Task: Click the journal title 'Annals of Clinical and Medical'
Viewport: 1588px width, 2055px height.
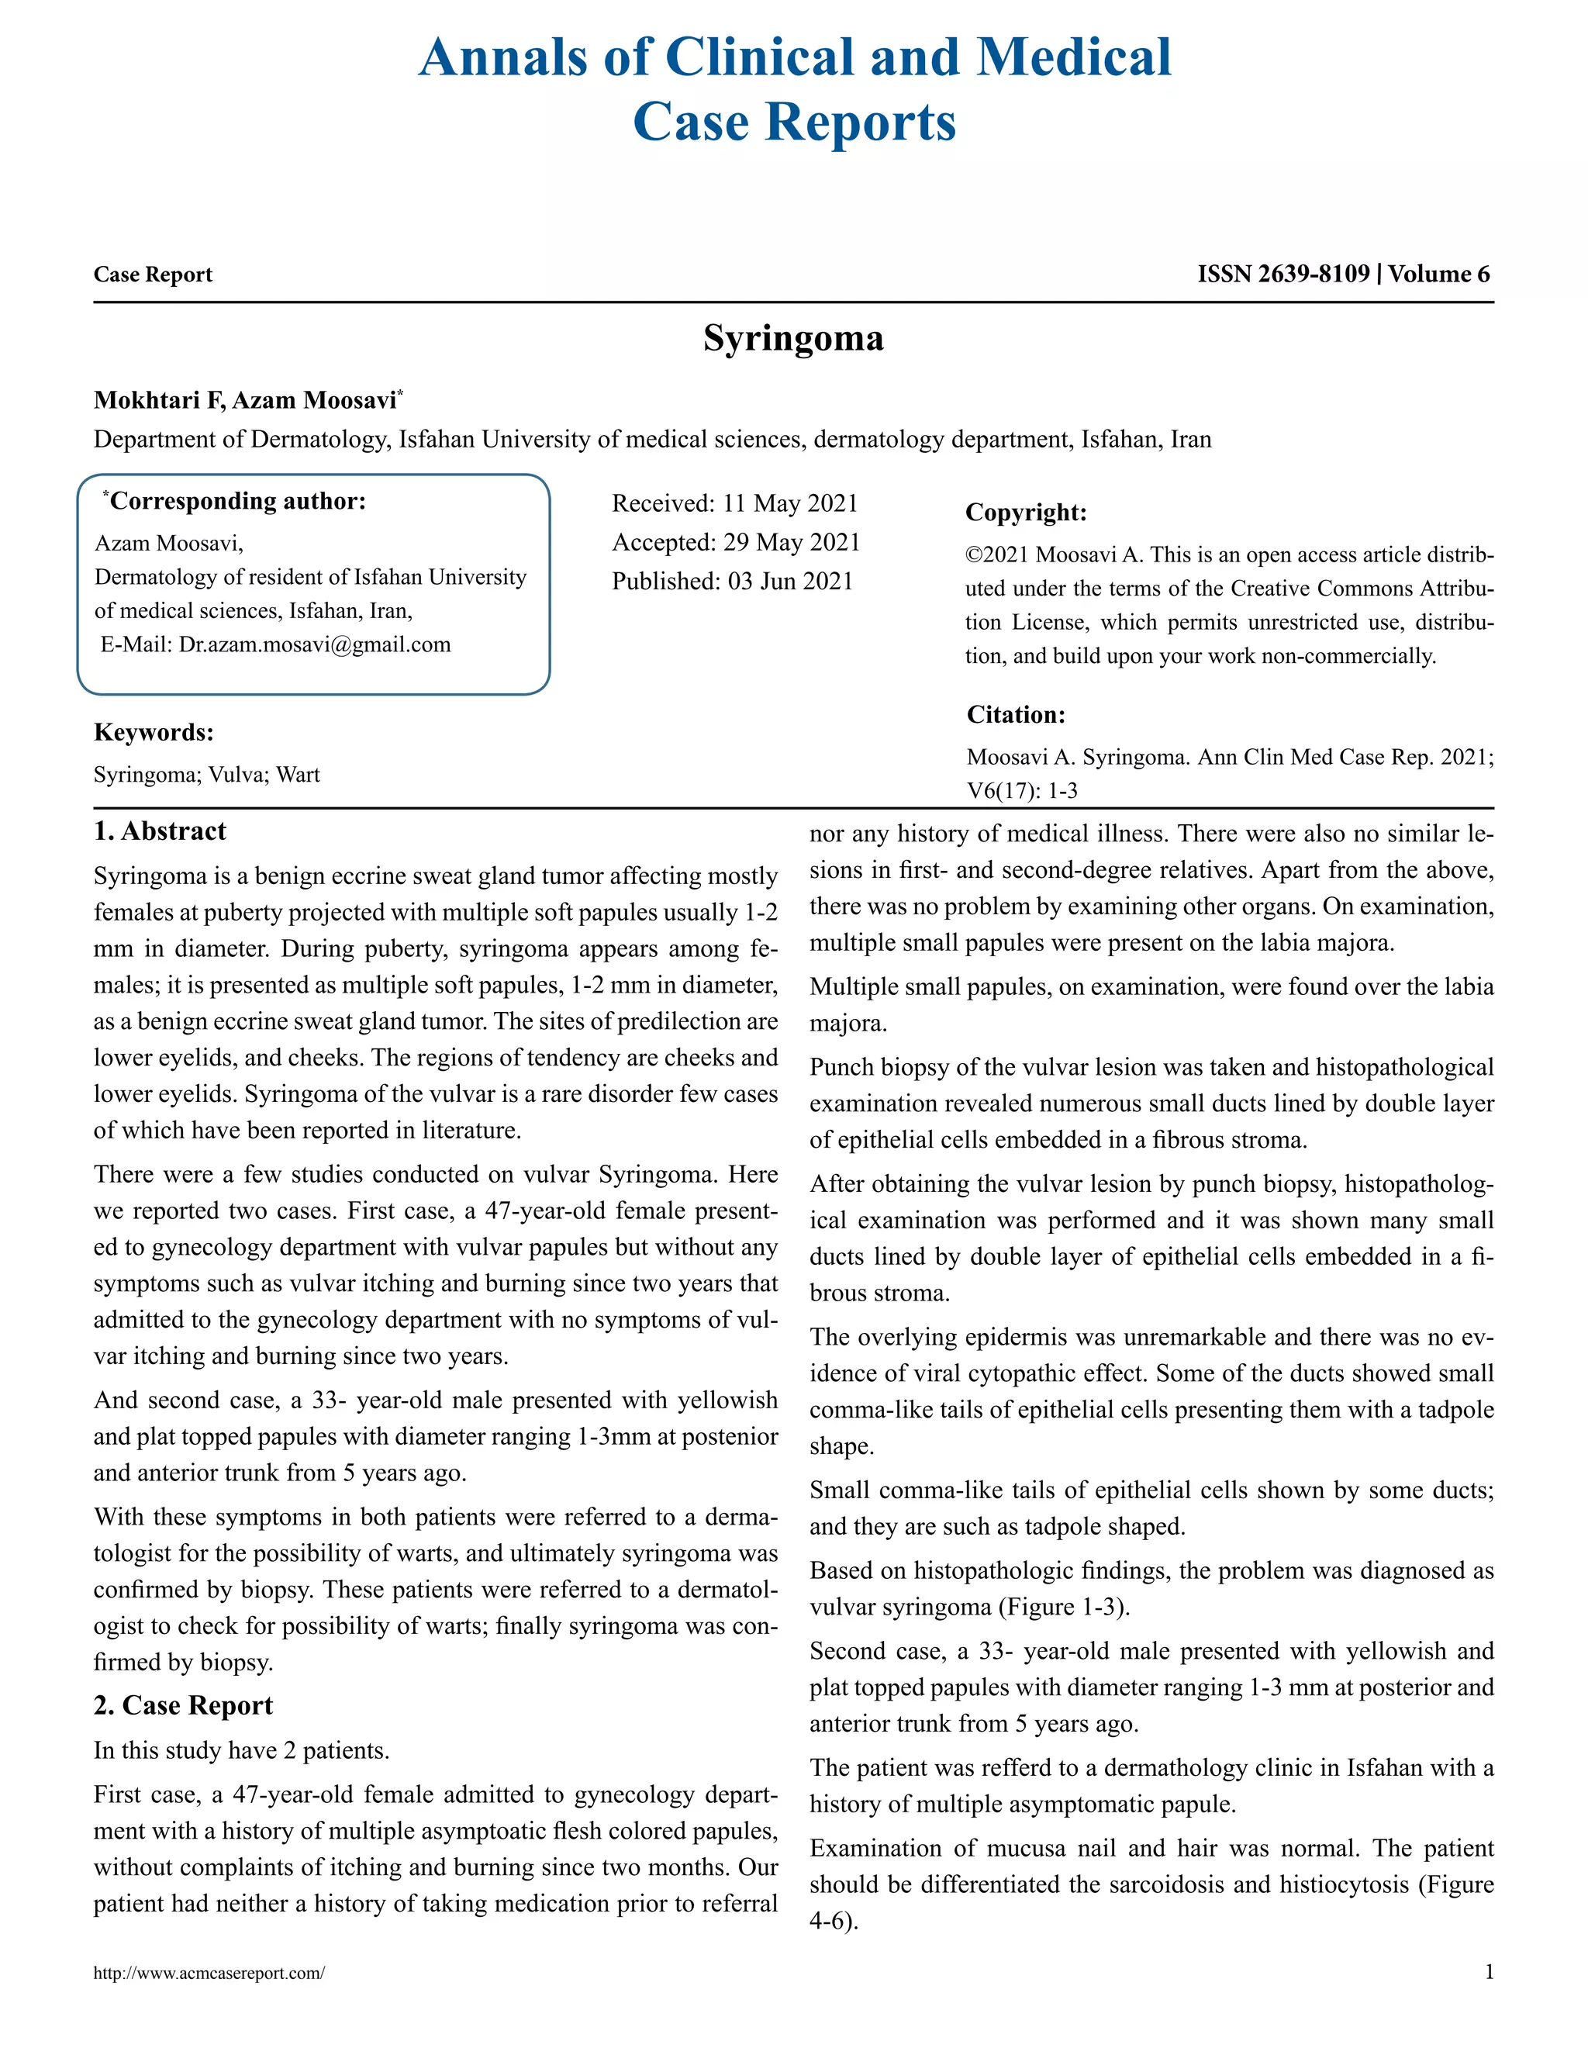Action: [x=794, y=58]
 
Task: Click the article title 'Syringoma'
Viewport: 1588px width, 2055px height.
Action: [x=793, y=338]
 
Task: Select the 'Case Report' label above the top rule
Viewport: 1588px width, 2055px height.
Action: [x=153, y=274]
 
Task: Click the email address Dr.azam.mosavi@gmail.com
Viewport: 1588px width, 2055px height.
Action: [x=314, y=644]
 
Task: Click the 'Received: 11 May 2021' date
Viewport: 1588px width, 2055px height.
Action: [x=735, y=503]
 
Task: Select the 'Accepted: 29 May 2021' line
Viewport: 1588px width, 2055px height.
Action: [x=736, y=542]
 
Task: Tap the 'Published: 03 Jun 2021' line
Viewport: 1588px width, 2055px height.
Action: [x=732, y=581]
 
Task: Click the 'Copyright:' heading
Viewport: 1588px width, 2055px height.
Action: [x=1025, y=513]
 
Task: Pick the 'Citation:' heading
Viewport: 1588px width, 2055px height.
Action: [x=1015, y=715]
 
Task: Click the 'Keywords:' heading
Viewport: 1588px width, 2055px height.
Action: [x=154, y=732]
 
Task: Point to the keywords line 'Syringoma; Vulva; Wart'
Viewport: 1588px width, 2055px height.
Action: [x=207, y=775]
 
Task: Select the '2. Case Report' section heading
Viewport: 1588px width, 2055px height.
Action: [x=184, y=1705]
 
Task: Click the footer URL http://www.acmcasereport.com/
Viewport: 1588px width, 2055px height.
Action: [x=209, y=1973]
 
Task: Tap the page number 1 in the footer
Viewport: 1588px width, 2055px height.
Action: [x=1488, y=1972]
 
